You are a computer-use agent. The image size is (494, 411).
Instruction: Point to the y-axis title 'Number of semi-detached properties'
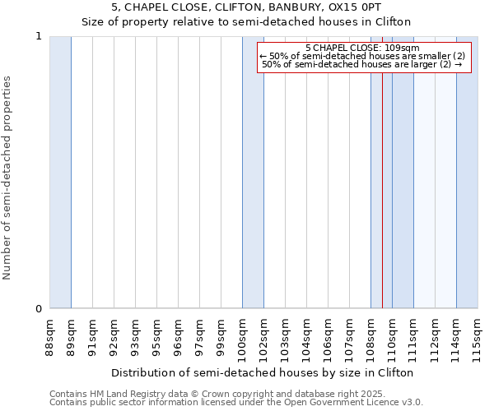[x=8, y=178]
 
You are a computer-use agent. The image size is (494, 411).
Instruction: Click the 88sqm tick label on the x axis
[x=50, y=335]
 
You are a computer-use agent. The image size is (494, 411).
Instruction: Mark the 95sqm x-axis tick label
[x=157, y=335]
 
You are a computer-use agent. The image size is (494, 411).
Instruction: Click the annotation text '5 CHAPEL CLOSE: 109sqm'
[x=362, y=48]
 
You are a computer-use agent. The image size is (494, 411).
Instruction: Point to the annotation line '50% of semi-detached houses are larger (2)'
[x=362, y=64]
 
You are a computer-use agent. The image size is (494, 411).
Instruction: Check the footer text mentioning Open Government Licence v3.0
[x=236, y=403]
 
